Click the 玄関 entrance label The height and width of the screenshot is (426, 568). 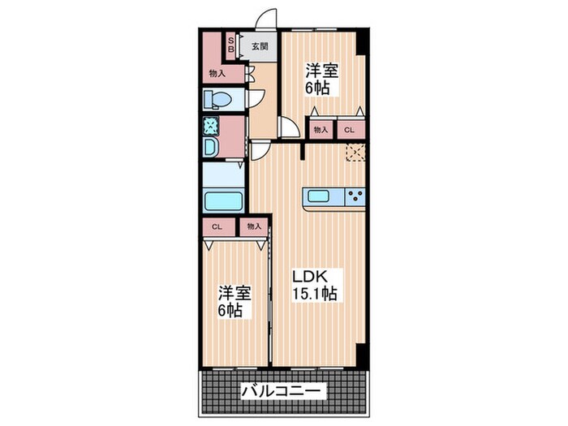(x=258, y=46)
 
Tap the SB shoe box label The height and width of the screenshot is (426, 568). (x=230, y=45)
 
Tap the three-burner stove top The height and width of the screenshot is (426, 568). (x=355, y=196)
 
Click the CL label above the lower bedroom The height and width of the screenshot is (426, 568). (x=217, y=227)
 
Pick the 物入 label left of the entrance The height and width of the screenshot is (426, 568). (x=217, y=73)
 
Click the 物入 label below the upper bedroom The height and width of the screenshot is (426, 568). (x=320, y=129)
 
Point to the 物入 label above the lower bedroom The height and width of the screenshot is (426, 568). (x=253, y=227)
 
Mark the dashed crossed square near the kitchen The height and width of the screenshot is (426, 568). (x=355, y=153)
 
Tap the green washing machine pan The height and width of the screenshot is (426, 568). (x=210, y=126)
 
